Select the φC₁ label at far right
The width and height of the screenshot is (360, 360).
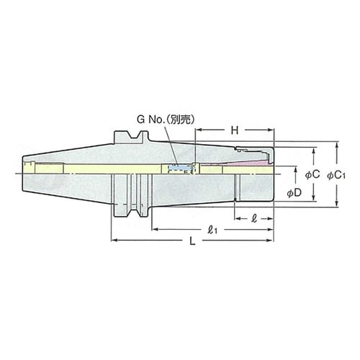337,174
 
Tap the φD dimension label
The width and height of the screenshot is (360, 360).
294,193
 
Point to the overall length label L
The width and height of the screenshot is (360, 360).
192,241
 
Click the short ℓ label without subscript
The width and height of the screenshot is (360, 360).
253,217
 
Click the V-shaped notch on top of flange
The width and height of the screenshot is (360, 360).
130,137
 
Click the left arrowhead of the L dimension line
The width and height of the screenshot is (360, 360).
113,240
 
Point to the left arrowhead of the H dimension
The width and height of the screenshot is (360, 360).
198,132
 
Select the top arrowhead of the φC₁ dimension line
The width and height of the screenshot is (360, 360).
337,145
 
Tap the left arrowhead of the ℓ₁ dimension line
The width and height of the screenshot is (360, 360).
154,230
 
